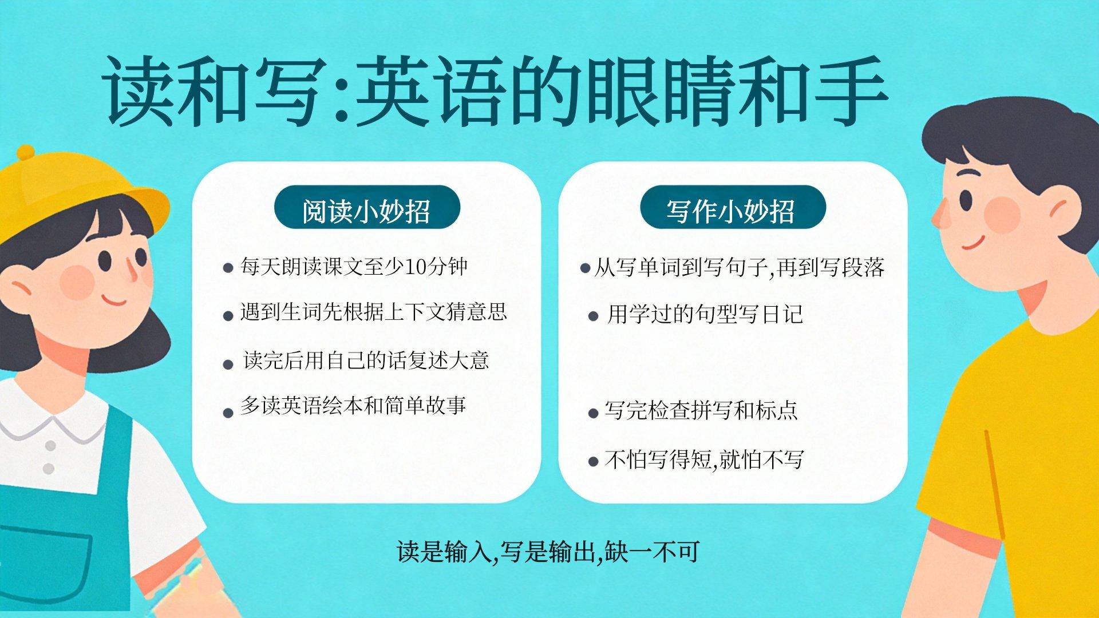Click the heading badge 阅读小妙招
367,207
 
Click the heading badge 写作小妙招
733,207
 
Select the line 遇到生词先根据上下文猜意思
374,312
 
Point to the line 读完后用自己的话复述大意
366,360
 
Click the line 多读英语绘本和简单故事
354,406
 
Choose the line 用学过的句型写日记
705,314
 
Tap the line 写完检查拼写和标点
701,410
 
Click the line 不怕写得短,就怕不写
704,459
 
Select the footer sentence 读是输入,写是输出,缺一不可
548,552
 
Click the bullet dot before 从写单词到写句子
585,268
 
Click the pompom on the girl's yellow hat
25,153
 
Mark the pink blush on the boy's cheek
1002,215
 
